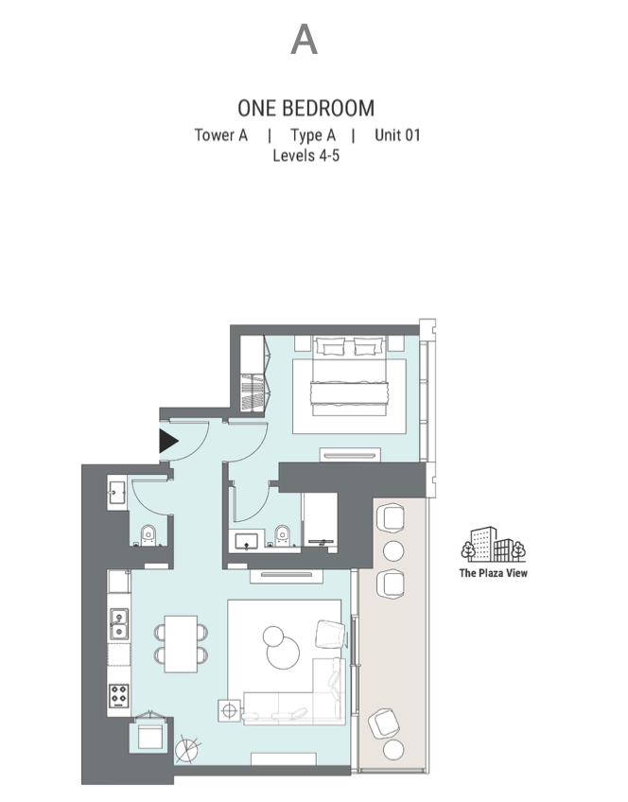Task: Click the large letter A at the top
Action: (305, 40)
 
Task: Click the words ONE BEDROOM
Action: (305, 109)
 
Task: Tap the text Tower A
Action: (221, 135)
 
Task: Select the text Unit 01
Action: (397, 135)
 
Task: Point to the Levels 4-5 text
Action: (305, 155)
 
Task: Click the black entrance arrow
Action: (168, 441)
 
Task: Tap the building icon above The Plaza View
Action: (493, 544)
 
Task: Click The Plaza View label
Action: (493, 573)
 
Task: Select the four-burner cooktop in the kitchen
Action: (118, 696)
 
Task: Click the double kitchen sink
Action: (119, 624)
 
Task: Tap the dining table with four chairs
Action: (181, 644)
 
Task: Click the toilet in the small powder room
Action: (148, 535)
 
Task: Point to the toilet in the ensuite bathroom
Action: (282, 535)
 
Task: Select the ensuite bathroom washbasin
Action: (247, 541)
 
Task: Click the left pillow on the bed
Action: (328, 346)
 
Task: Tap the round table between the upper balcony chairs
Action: (393, 550)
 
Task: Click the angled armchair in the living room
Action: (330, 635)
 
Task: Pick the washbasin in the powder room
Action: (117, 492)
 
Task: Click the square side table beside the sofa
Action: (229, 710)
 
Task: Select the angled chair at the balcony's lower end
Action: (384, 724)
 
